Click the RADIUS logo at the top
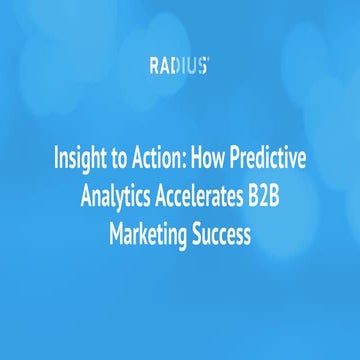point(179,67)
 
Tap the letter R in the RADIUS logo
point(156,67)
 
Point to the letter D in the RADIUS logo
point(177,67)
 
